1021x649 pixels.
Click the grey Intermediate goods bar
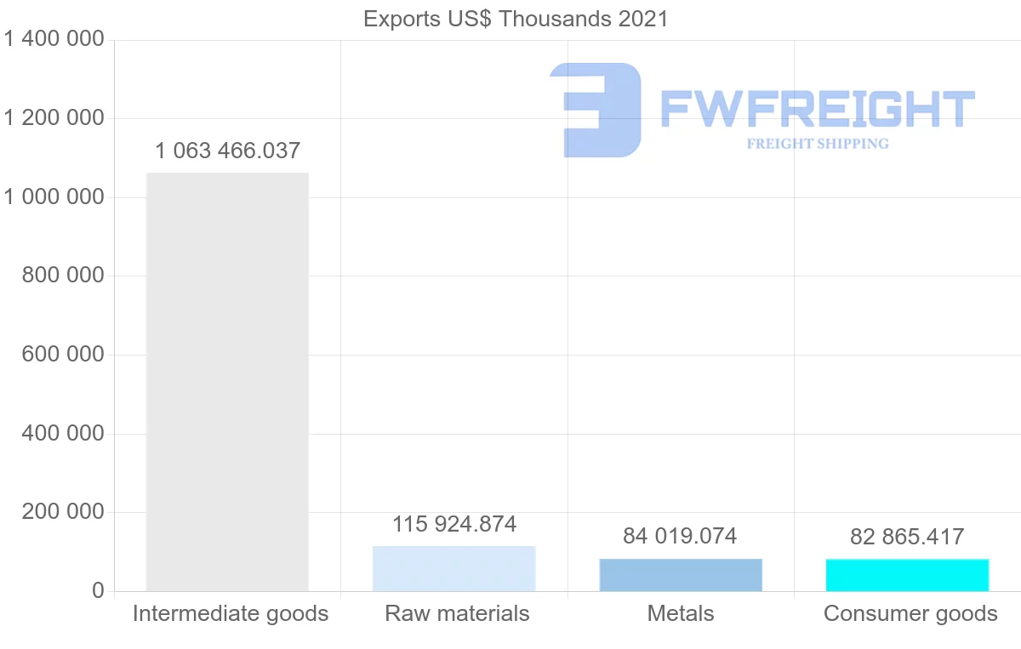point(227,382)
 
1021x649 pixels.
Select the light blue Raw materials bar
point(453,568)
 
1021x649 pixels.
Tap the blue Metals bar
point(681,575)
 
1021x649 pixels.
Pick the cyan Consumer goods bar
point(907,575)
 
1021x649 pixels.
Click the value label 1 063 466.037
point(227,151)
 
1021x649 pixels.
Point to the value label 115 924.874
point(453,524)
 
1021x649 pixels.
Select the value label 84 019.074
point(680,537)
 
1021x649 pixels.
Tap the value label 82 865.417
point(907,538)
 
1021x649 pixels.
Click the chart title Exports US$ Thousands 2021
point(516,19)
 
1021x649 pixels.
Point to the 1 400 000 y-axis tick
point(54,39)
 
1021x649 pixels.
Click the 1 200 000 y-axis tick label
point(54,118)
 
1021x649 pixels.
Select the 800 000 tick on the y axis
point(62,276)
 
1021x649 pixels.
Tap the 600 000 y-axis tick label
point(62,355)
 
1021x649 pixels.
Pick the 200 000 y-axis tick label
point(62,512)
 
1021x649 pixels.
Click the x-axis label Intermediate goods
point(231,613)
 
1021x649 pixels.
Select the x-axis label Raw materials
point(457,613)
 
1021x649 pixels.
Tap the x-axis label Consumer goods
point(910,613)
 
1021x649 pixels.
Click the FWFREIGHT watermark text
point(818,110)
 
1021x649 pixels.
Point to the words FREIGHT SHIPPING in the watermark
point(818,144)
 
